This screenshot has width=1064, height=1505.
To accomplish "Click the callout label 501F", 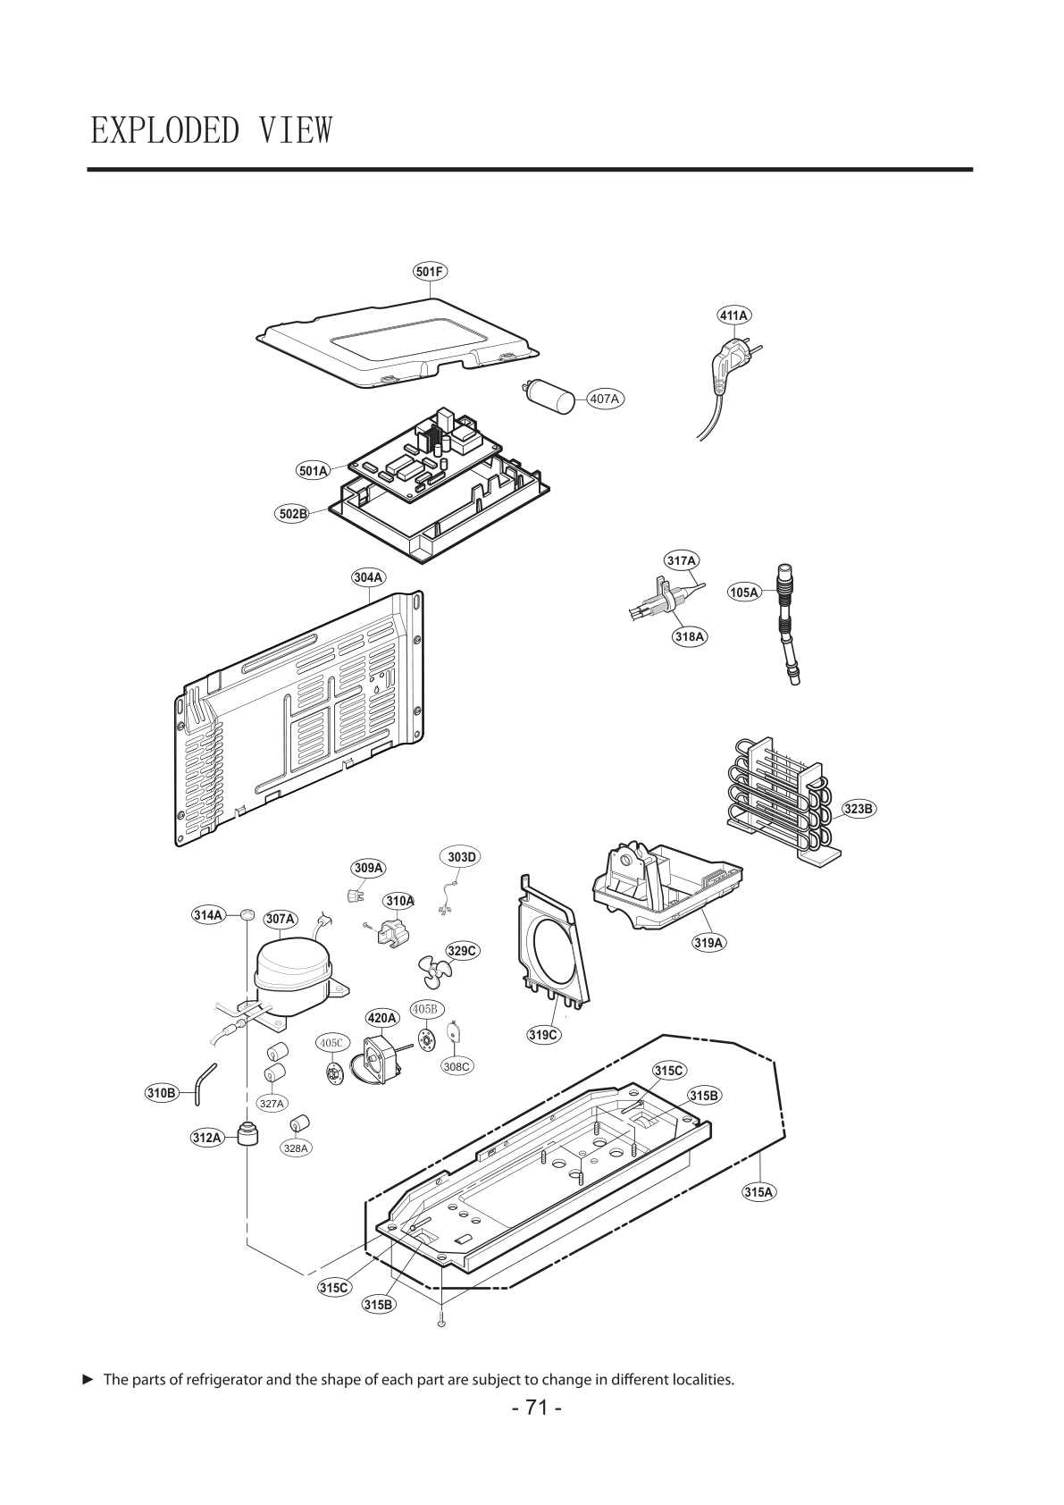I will (x=430, y=271).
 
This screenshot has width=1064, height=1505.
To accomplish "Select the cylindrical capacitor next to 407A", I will (x=549, y=396).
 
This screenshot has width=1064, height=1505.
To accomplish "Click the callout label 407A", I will (x=605, y=399).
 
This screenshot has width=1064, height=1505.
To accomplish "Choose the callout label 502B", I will (x=291, y=514).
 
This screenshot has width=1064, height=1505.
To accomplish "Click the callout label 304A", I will (x=368, y=577).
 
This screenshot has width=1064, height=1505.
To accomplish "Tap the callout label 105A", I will (x=744, y=592).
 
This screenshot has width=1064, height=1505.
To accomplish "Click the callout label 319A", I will (x=708, y=942).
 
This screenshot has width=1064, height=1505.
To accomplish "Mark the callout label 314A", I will (x=209, y=915).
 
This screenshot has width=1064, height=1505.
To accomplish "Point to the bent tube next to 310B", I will (x=205, y=1080).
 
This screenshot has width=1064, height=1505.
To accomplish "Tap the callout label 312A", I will (x=206, y=1138).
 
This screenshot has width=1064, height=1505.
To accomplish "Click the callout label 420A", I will (x=382, y=1018).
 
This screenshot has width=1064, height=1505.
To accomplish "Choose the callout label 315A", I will (x=758, y=1191).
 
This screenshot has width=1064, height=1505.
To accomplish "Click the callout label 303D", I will (x=462, y=857).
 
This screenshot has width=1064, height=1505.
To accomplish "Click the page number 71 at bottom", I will (x=536, y=1408).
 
